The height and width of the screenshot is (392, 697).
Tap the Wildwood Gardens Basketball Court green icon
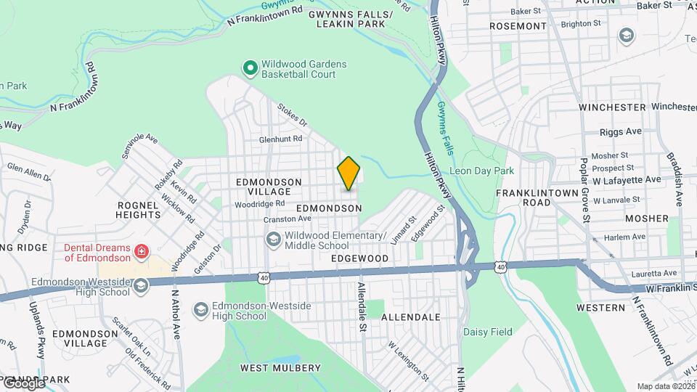pyautogui.click(x=250, y=69)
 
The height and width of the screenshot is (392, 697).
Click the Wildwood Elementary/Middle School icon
pyautogui.click(x=274, y=240)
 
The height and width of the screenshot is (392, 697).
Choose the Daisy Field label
pyautogui.click(x=488, y=332)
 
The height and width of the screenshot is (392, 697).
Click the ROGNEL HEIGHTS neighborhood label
pyautogui.click(x=138, y=210)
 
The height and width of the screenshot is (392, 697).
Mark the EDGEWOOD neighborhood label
pyautogui.click(x=359, y=258)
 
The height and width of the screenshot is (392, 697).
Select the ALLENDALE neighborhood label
pyautogui.click(x=411, y=317)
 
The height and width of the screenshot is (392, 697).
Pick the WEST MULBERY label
pyautogui.click(x=280, y=368)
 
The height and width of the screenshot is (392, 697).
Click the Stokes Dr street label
pyautogui.click(x=293, y=113)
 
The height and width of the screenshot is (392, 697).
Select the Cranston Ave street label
pyautogui.click(x=288, y=219)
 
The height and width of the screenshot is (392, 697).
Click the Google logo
pyautogui.click(x=23, y=383)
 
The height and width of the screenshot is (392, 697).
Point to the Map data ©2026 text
pyautogui.click(x=665, y=386)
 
